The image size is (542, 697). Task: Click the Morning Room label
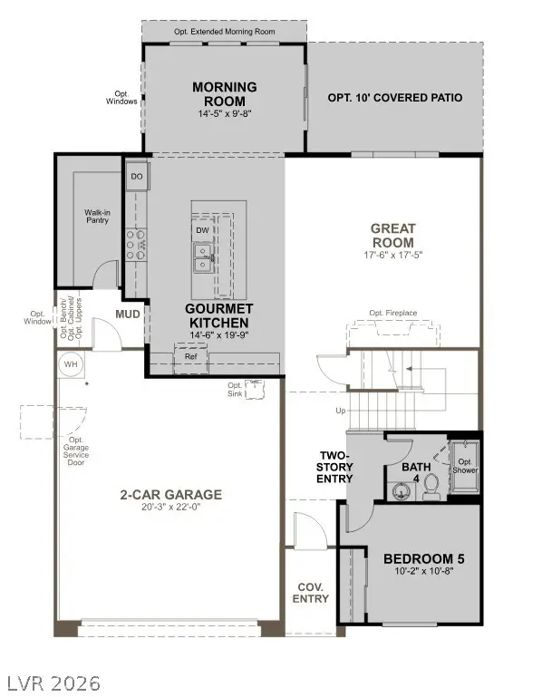click(224, 93)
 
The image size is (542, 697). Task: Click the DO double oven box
click(136, 176)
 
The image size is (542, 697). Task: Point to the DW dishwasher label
click(201, 230)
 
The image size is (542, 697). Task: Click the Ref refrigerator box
click(191, 357)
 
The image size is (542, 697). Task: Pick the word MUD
click(127, 315)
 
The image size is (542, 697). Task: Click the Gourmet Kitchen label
click(217, 315)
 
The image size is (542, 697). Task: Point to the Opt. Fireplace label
click(392, 314)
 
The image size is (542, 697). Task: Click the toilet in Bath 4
click(431, 489)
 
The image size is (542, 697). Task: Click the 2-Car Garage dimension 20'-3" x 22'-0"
click(170, 508)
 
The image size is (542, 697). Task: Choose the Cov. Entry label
click(312, 593)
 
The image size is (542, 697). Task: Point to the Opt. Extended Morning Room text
click(224, 32)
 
